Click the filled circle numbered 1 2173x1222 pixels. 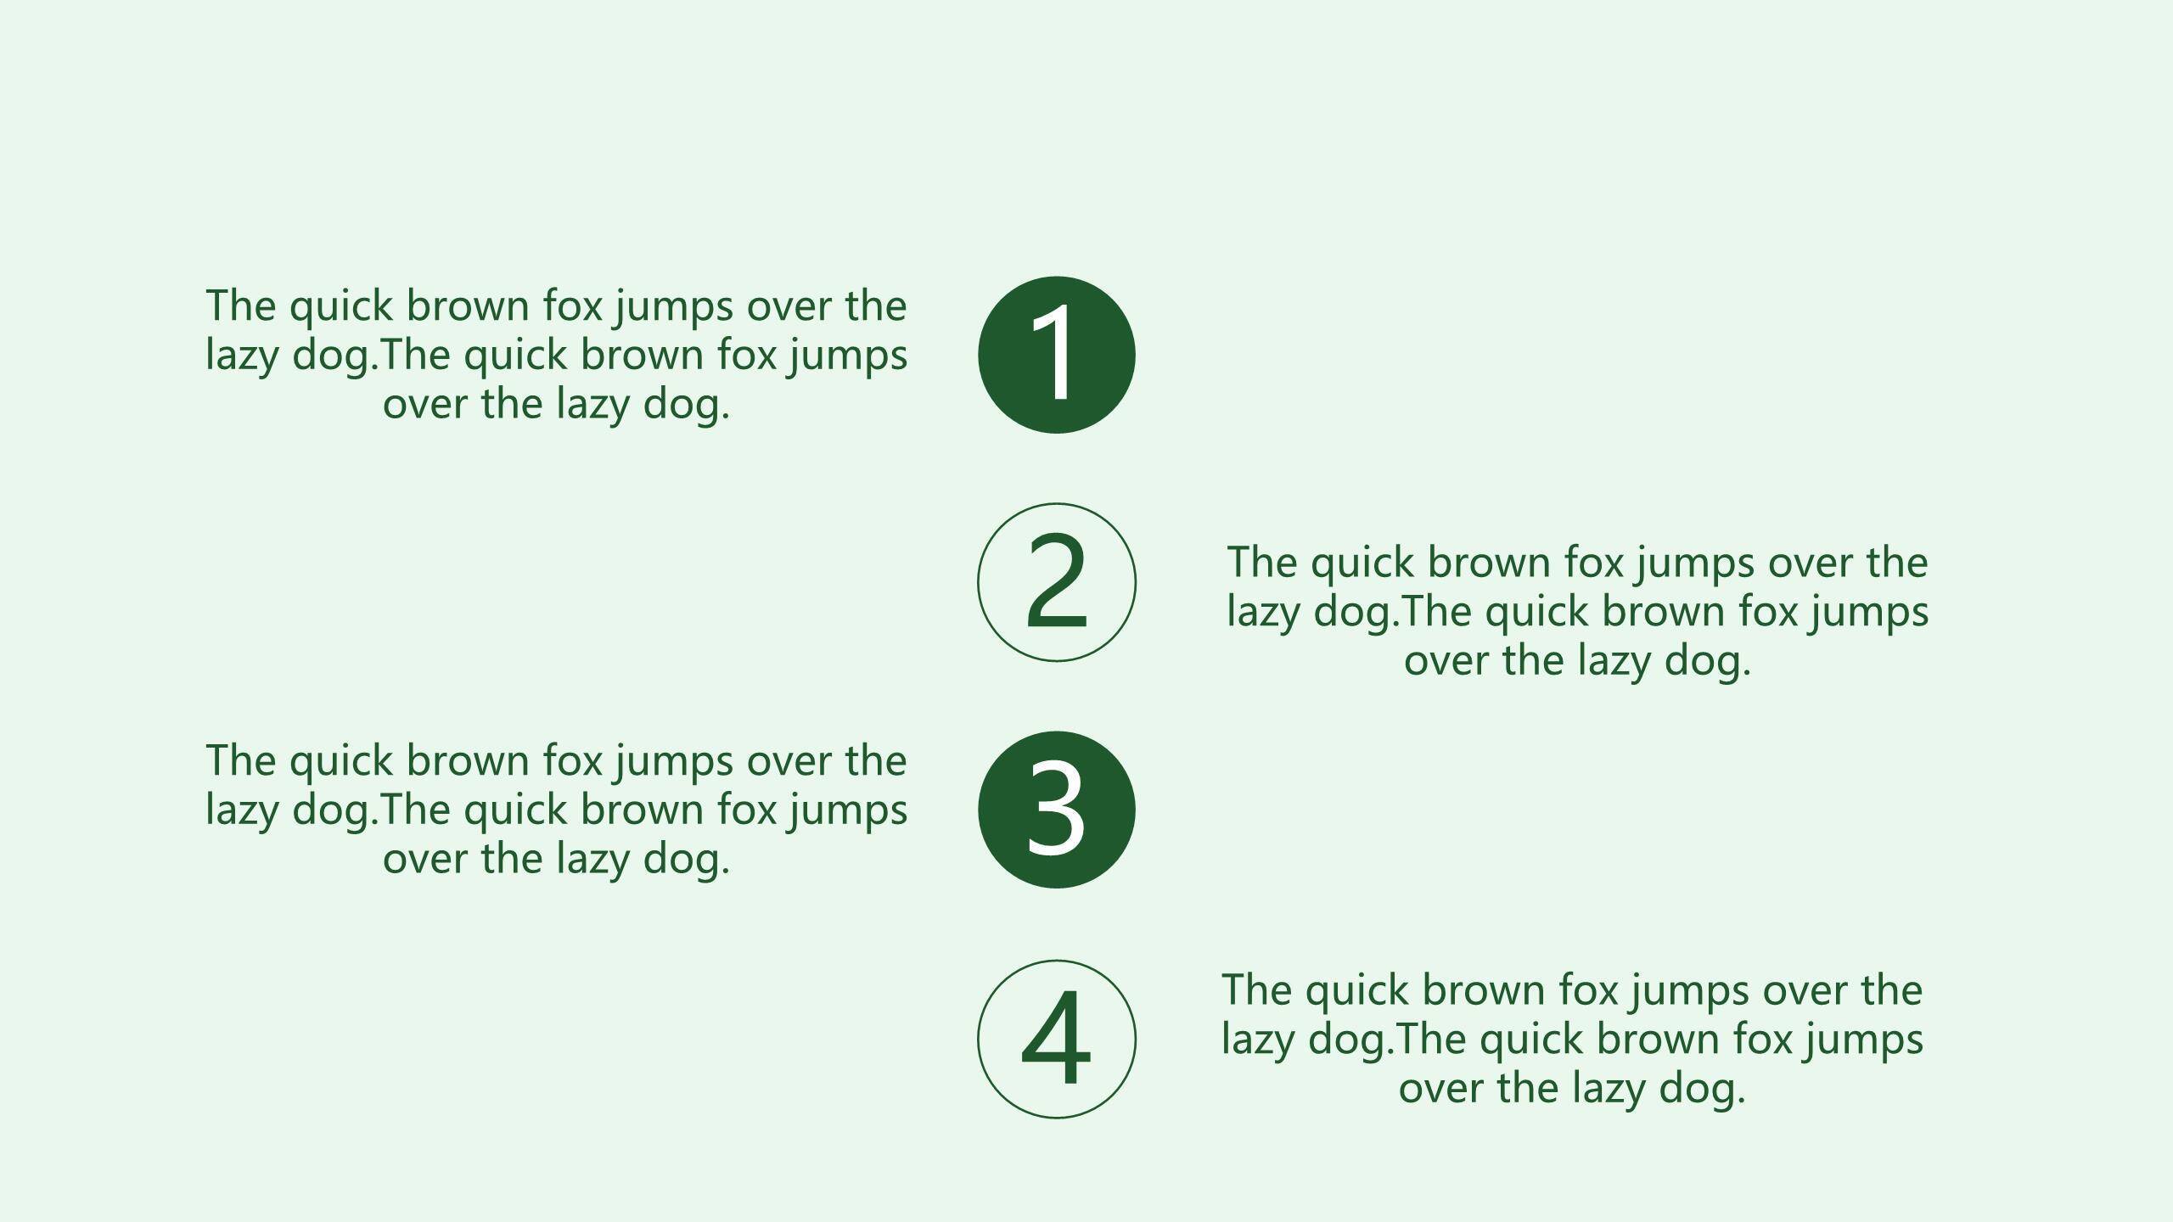point(1056,355)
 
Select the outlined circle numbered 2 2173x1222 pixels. point(978,582)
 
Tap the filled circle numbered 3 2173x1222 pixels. point(1056,810)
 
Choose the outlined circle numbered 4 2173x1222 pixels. point(978,1039)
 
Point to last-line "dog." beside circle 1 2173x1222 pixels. point(687,404)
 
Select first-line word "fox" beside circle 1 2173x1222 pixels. point(573,305)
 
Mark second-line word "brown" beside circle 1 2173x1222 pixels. point(642,355)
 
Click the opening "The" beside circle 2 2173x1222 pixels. point(1262,563)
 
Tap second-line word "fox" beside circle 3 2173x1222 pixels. point(747,810)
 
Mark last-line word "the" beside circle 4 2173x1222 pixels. point(1528,1088)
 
